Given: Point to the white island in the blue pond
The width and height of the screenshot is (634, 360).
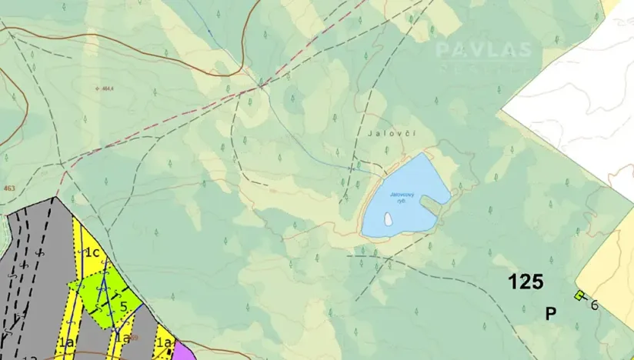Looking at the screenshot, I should [x=388, y=220].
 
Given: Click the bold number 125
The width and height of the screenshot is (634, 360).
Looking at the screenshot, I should [x=526, y=282].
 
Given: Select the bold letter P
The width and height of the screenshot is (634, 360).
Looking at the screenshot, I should [x=551, y=313].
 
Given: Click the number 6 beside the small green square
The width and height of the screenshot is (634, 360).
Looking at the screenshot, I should [x=595, y=305].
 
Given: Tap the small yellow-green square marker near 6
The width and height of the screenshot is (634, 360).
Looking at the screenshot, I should [x=579, y=295].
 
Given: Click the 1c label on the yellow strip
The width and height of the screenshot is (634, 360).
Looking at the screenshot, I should [x=93, y=252].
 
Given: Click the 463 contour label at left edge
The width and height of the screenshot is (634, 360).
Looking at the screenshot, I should [x=8, y=187].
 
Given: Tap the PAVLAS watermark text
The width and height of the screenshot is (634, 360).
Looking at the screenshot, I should [x=483, y=51].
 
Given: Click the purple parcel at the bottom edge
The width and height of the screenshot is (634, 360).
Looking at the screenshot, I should [x=183, y=352].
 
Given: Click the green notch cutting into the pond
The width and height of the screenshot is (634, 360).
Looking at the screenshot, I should [x=432, y=206].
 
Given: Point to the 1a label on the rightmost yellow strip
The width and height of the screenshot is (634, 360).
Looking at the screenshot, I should [x=162, y=342].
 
